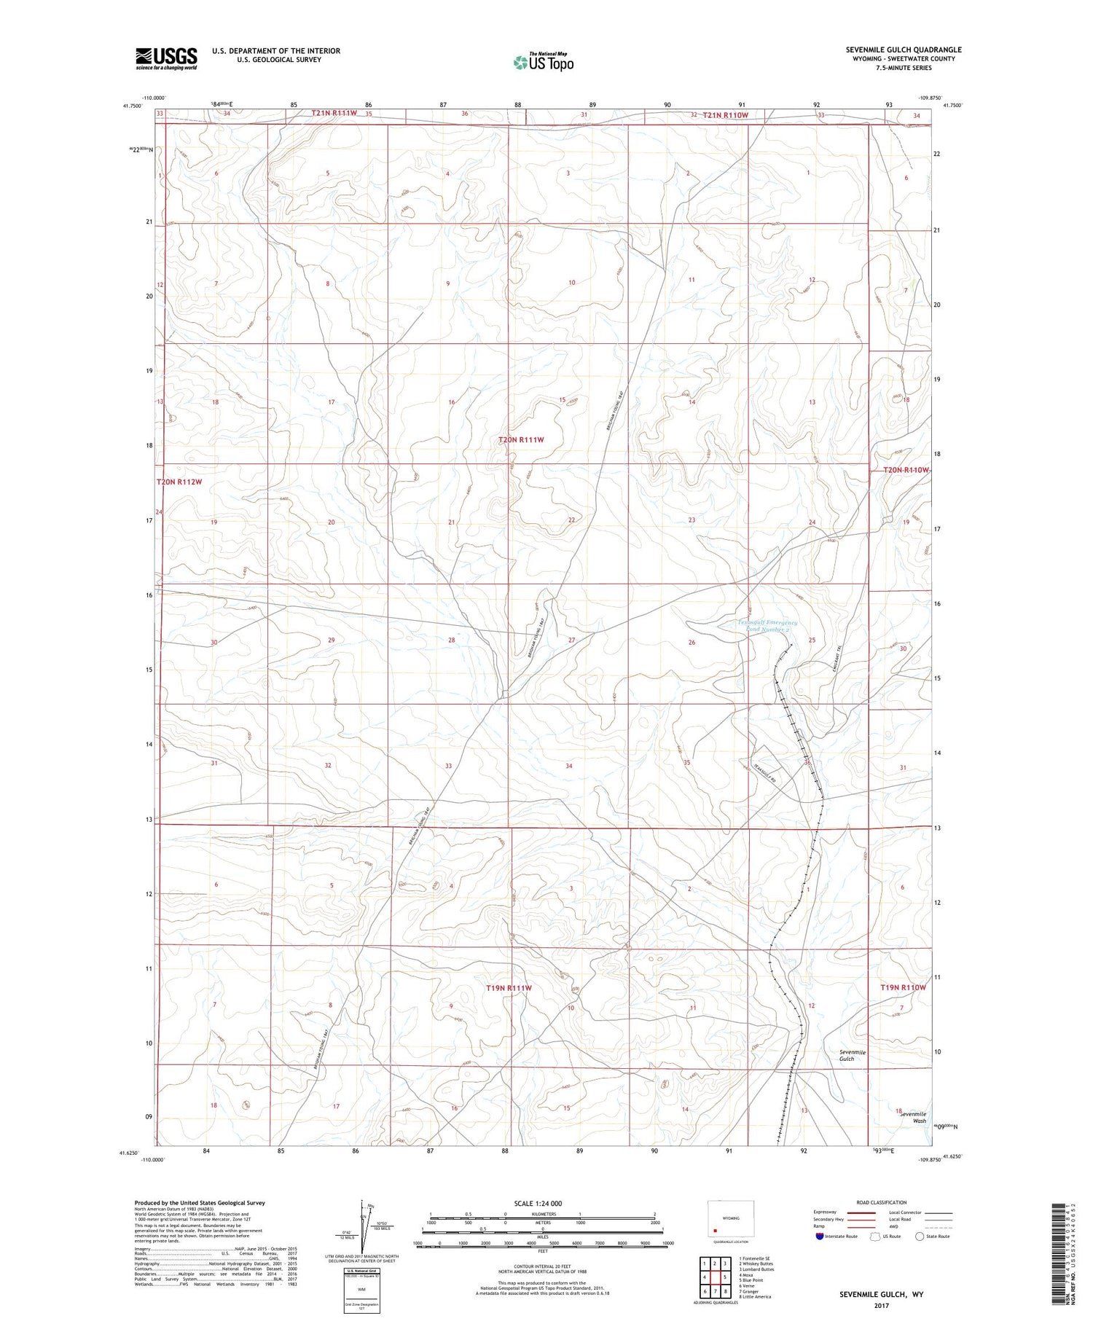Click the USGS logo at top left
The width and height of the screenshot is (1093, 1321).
(166, 58)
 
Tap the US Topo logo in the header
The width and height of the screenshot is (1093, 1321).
(543, 62)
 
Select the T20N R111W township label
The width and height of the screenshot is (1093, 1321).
(521, 440)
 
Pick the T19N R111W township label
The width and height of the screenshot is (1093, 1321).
(509, 988)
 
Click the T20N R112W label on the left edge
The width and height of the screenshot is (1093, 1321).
(179, 482)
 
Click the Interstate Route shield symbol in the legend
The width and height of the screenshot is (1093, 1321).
(820, 1236)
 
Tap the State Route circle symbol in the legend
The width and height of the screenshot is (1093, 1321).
(920, 1236)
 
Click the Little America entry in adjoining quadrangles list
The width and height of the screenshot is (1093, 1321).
(758, 1297)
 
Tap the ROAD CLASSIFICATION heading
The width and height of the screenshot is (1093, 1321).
(881, 1202)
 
